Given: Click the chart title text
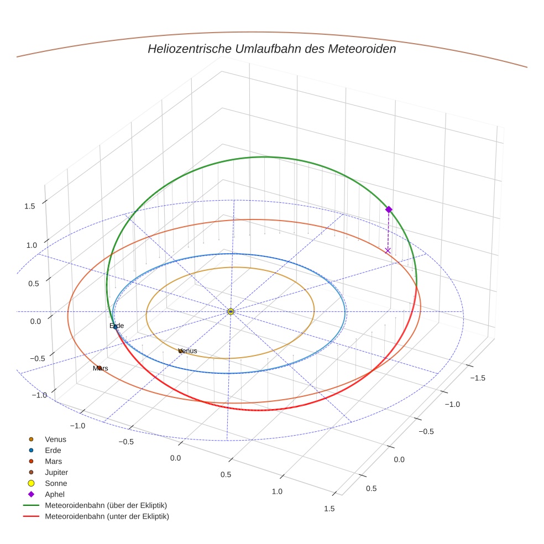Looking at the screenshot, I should pyautogui.click(x=271, y=49).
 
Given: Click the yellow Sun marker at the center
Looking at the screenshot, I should pyautogui.click(x=231, y=312).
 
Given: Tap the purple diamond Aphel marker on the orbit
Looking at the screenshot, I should pyautogui.click(x=389, y=210).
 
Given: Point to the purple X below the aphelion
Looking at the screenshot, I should pyautogui.click(x=388, y=251).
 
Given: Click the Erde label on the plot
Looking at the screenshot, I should pyautogui.click(x=117, y=326).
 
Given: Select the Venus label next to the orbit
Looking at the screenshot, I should pyautogui.click(x=188, y=351).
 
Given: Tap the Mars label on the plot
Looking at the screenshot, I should pyautogui.click(x=101, y=368).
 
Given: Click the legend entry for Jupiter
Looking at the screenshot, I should pyautogui.click(x=56, y=473).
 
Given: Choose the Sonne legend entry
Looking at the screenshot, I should pyautogui.click(x=56, y=484).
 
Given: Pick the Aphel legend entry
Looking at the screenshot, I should pyautogui.click(x=55, y=494).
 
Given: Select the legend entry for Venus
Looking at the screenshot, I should pyautogui.click(x=55, y=440).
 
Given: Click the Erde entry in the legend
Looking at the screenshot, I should pyautogui.click(x=53, y=451).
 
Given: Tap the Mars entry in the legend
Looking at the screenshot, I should pyautogui.click(x=53, y=462).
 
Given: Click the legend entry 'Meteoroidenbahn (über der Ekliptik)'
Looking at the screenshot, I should pyautogui.click(x=106, y=505).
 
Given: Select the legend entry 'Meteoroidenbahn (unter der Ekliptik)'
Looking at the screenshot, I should pyautogui.click(x=107, y=516).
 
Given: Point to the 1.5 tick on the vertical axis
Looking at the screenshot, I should pyautogui.click(x=29, y=206).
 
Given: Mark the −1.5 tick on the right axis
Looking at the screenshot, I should pyautogui.click(x=477, y=378).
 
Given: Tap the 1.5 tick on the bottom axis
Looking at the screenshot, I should pyautogui.click(x=329, y=509).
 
